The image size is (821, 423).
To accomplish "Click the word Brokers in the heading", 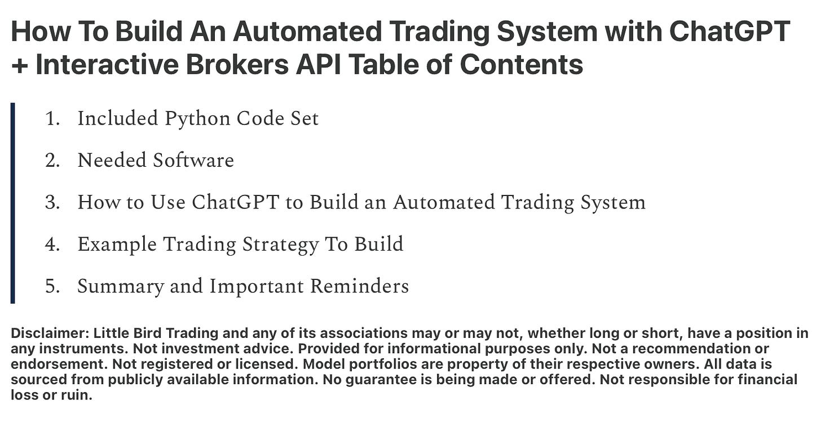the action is coord(237,64).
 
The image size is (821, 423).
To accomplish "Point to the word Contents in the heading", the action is coord(521,64).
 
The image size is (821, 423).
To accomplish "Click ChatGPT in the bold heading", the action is coord(729,31).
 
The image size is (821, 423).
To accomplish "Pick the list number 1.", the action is coord(52,119).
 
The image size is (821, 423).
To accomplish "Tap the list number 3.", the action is coord(52,202).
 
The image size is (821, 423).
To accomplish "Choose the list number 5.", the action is coord(52,286).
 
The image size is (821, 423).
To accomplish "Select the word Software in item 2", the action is coord(193,161).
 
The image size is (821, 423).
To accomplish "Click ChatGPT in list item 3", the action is coord(235,202).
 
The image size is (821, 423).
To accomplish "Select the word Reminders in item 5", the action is coord(359,286).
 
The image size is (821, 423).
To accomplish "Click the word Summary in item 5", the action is coord(121,287).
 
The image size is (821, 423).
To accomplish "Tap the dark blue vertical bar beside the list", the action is coord(13,203).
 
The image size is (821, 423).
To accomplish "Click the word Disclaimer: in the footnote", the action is coord(50,333).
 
